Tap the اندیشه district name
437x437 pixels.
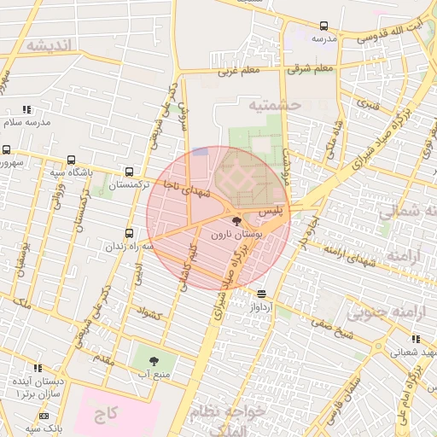(x=51, y=44)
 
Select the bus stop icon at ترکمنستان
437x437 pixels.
(x=129, y=171)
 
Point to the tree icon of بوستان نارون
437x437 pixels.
(x=236, y=222)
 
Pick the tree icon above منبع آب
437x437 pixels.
(x=154, y=361)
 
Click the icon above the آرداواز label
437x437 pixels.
(x=260, y=293)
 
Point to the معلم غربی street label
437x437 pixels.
(x=239, y=72)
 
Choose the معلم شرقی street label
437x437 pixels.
(x=310, y=68)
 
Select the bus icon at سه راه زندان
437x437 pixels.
(x=129, y=233)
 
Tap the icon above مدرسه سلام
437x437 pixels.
(x=27, y=109)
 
